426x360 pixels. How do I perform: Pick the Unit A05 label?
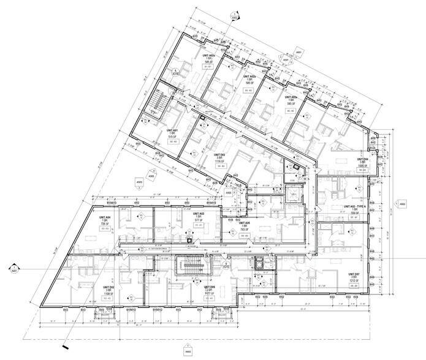(244, 223)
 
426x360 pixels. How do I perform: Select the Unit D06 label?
(209, 287)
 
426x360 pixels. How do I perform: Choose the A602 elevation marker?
(403, 205)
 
